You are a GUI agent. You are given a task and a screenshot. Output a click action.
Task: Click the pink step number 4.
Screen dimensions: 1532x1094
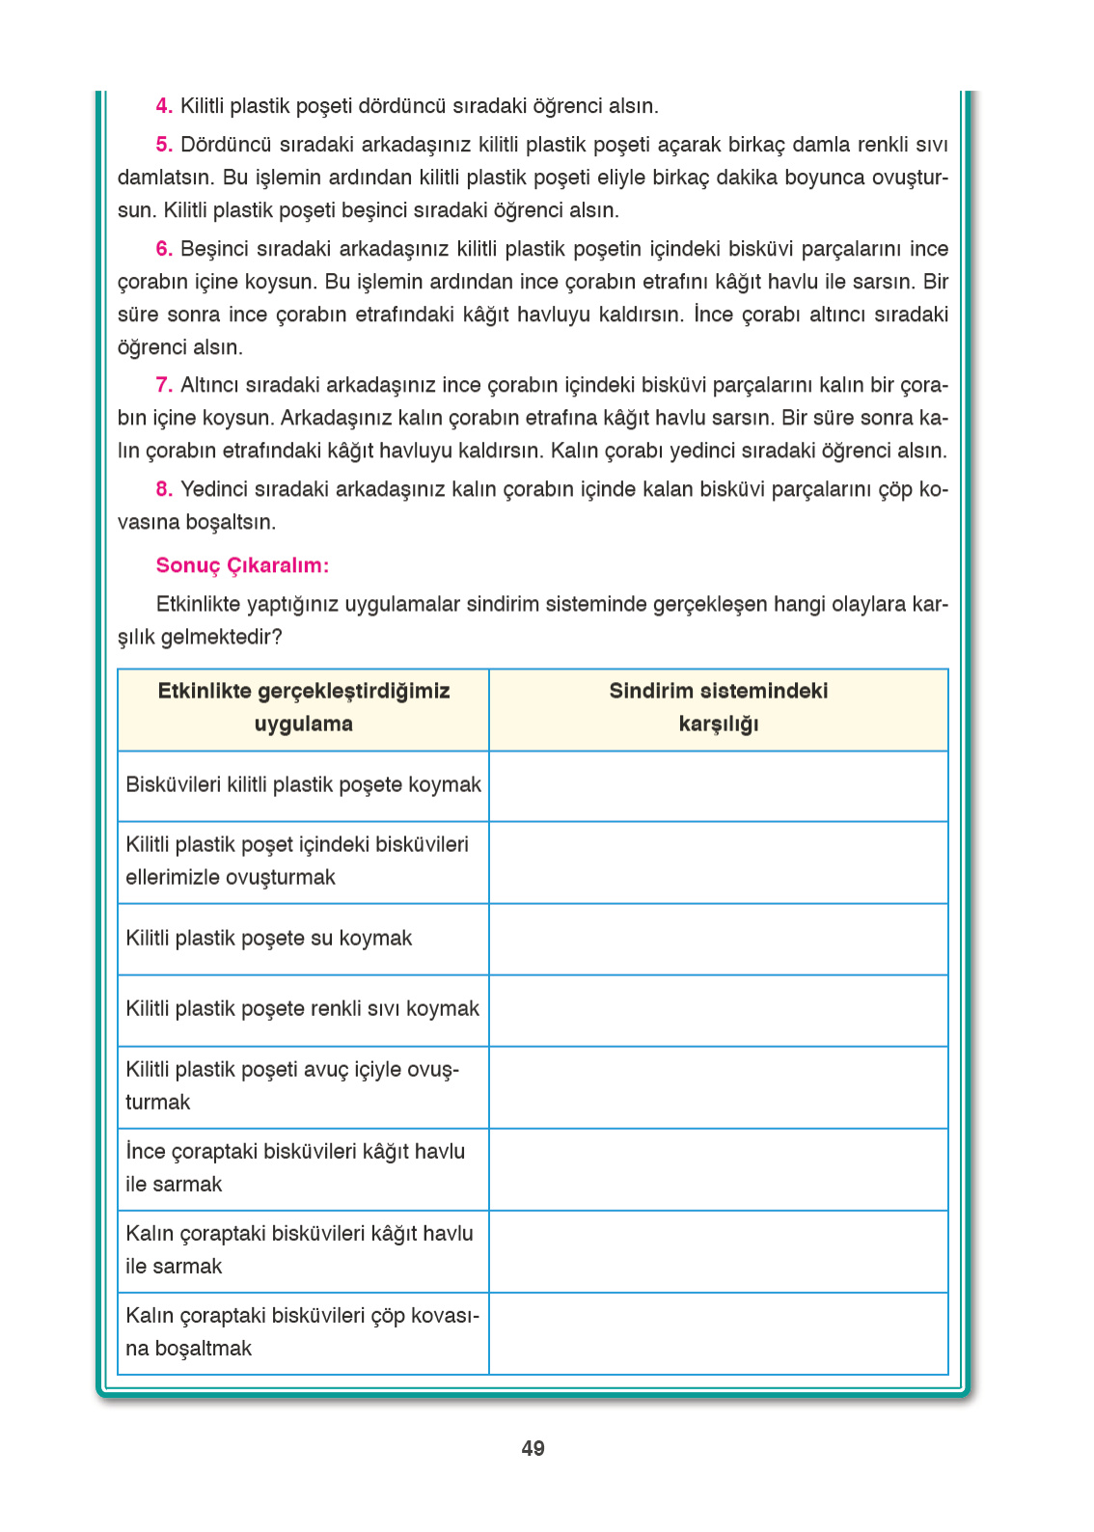164,106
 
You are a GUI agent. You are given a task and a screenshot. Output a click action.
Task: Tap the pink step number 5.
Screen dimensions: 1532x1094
164,145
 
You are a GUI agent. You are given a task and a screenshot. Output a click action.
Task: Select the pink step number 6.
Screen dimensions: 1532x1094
164,249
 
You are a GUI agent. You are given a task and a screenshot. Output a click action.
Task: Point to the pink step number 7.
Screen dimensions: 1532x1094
164,385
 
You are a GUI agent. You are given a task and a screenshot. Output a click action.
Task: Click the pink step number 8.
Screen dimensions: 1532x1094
164,489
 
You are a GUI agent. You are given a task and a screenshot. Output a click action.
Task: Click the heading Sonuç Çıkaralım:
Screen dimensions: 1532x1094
242,565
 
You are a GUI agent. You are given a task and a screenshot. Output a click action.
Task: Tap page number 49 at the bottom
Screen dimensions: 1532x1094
533,1448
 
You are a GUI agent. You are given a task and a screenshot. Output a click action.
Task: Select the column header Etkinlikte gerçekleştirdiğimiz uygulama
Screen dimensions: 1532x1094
303,707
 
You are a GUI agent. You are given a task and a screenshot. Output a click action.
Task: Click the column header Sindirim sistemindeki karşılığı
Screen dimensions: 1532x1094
718,707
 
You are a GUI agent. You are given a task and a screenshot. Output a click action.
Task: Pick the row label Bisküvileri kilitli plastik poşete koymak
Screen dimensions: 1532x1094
303,784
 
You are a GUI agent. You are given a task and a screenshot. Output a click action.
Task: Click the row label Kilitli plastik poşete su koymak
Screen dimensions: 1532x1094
268,938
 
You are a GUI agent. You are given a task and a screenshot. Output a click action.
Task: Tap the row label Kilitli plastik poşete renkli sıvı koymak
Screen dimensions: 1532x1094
302,1008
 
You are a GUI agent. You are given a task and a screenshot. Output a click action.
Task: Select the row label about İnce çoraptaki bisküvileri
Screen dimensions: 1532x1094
294,1167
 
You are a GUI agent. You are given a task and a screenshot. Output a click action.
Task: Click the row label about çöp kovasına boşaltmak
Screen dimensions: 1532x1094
301,1331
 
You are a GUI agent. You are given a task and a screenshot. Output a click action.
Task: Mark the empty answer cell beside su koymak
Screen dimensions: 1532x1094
718,939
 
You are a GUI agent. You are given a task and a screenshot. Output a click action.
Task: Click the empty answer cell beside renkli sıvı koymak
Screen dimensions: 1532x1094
718,1010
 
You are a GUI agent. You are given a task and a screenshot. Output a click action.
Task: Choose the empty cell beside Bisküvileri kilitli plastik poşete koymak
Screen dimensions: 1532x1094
718,786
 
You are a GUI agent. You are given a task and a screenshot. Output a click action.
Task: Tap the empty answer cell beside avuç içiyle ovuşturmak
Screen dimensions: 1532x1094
718,1087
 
